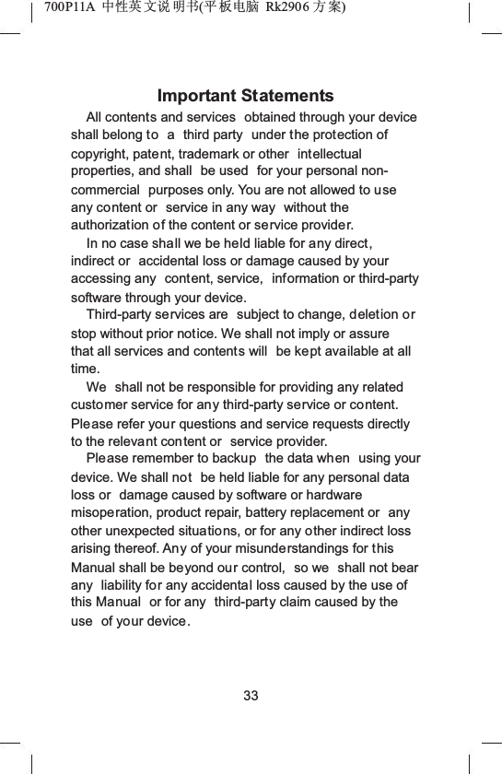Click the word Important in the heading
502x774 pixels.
click(197, 97)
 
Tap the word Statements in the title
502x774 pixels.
click(286, 97)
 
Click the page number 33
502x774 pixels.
click(251, 696)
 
